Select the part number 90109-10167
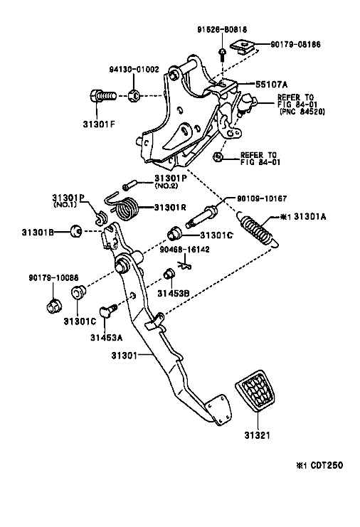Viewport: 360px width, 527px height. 250,198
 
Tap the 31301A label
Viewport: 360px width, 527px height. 306,217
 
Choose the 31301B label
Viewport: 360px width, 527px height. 37,231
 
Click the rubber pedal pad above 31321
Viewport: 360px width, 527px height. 253,400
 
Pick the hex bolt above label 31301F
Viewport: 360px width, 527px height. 101,95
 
